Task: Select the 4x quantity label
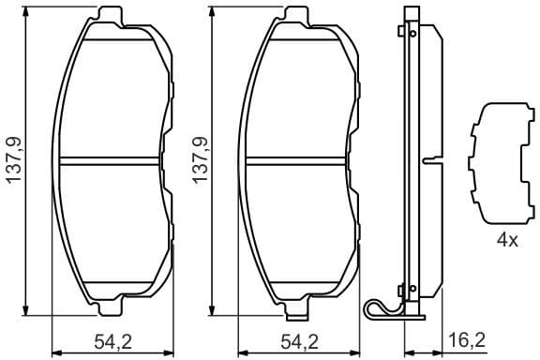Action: [x=506, y=240]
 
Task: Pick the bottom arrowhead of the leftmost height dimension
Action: [x=28, y=312]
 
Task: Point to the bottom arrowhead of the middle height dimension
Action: [x=214, y=312]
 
